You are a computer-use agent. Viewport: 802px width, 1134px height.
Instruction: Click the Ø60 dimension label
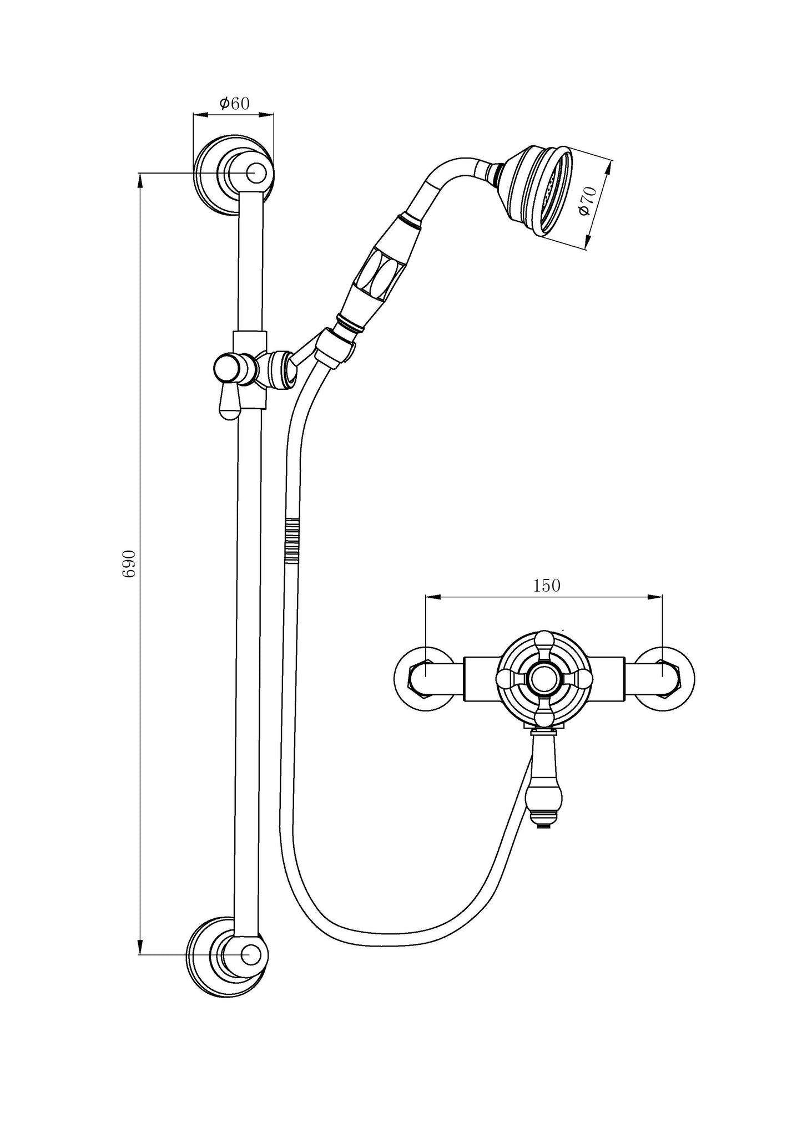pyautogui.click(x=235, y=103)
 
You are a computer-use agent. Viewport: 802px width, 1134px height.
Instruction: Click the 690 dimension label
pyautogui.click(x=129, y=563)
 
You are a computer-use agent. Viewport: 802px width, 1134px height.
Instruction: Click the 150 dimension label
pyautogui.click(x=547, y=586)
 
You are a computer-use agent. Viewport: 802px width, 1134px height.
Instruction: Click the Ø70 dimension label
pyautogui.click(x=587, y=202)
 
